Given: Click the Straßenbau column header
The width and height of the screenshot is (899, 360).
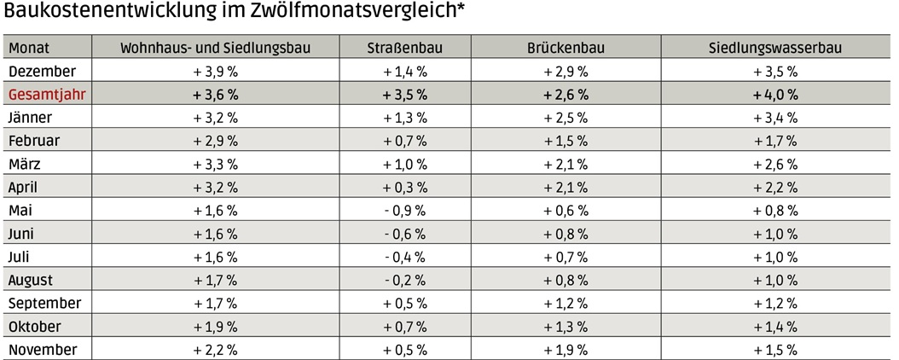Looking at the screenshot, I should [x=405, y=49].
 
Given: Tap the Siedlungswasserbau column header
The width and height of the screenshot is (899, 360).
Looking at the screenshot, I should [x=775, y=49].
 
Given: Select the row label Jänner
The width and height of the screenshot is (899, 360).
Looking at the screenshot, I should [x=31, y=118].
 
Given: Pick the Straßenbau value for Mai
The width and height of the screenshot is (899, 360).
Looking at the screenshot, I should [x=405, y=211].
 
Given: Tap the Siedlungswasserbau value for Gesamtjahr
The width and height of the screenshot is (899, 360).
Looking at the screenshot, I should [x=775, y=95].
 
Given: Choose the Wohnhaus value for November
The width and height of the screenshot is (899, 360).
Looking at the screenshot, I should [x=215, y=350].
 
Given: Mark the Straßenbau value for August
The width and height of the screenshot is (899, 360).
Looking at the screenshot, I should [x=405, y=280].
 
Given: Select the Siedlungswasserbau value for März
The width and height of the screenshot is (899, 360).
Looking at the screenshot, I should [x=775, y=165].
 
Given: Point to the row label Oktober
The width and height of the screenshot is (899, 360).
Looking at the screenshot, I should [x=34, y=327].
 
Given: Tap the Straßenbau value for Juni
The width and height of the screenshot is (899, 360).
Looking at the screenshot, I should [x=405, y=234].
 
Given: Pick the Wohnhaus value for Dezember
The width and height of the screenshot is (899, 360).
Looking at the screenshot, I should [x=215, y=72].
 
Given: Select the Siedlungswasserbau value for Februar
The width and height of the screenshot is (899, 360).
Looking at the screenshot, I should [x=775, y=141].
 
